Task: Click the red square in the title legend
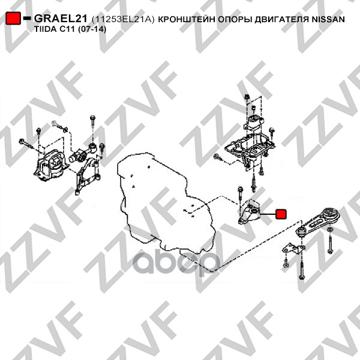[x=13, y=18]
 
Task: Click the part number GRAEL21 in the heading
[x=61, y=19]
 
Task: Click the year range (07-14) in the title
[x=92, y=29]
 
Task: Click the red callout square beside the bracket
[x=281, y=214]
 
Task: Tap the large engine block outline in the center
[x=166, y=202]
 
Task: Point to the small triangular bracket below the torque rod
[x=293, y=249]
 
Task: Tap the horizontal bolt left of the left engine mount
[x=26, y=143]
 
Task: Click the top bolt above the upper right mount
[x=247, y=97]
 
